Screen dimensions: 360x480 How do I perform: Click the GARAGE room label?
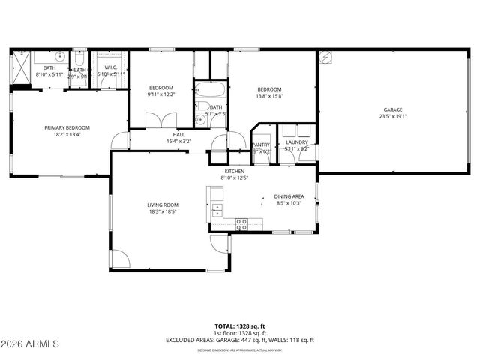coord(393,109)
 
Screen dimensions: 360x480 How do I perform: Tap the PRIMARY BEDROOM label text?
coord(61,128)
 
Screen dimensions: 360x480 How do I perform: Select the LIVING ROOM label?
coord(161,204)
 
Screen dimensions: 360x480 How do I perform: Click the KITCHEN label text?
coord(234,171)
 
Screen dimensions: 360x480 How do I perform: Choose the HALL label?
coord(178,134)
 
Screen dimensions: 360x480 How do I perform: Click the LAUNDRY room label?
coord(297,142)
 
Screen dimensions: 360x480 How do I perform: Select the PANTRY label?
coord(260,145)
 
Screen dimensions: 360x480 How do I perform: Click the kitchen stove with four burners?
coord(241,223)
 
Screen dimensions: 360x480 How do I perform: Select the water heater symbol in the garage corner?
coord(325,57)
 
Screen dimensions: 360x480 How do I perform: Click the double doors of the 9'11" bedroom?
coord(160,121)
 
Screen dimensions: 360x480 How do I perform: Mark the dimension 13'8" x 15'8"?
coord(271,95)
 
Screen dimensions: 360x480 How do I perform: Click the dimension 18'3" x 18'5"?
coord(161,212)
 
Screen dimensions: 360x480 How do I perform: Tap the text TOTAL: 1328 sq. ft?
coord(239,326)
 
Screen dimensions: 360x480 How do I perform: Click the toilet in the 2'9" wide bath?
coord(79,58)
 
